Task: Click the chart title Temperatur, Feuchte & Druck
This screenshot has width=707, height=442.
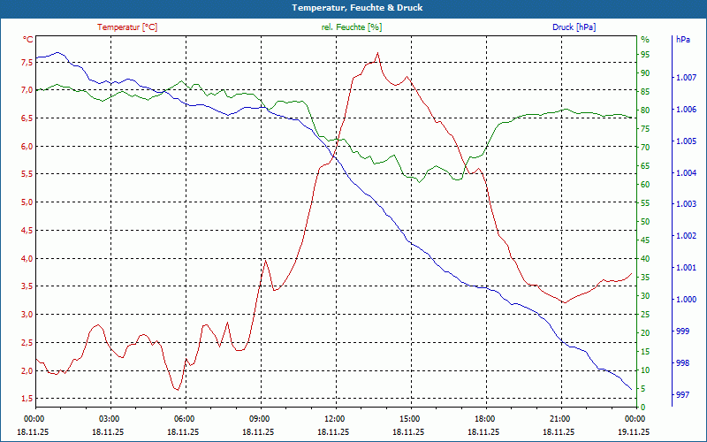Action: tap(353, 8)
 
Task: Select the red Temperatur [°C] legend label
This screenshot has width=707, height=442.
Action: tap(127, 27)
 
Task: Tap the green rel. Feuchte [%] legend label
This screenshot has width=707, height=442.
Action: tap(352, 27)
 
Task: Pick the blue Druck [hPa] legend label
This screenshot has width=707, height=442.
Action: tap(574, 27)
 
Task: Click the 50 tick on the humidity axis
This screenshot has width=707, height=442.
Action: tap(645, 222)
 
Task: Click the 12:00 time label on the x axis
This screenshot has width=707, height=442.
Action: tap(335, 419)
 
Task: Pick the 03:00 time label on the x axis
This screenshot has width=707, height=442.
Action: tap(110, 419)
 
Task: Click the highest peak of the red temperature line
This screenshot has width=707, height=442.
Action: tap(377, 53)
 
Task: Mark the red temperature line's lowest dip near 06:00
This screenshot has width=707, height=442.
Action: tap(177, 389)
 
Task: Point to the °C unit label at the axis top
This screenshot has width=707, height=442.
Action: tap(28, 40)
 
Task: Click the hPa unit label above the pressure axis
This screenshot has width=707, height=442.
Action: tap(682, 40)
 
